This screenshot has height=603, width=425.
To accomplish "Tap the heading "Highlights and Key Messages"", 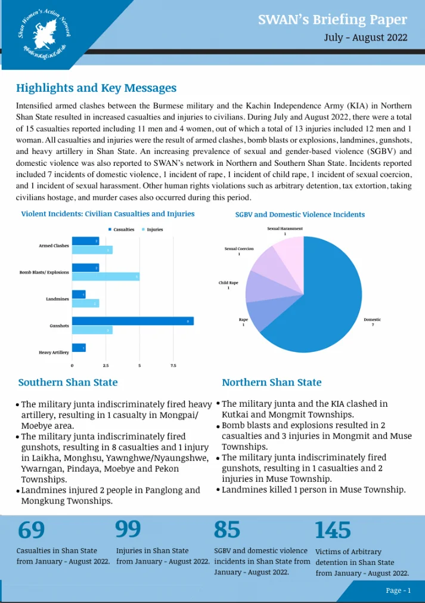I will [x=96, y=88].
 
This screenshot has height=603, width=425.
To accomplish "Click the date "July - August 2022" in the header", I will [x=365, y=37].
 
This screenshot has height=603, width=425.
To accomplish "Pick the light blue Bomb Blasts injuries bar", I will [x=106, y=276].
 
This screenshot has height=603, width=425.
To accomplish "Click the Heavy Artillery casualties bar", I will [x=79, y=348].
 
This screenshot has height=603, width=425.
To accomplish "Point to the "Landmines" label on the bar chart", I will [x=57, y=298].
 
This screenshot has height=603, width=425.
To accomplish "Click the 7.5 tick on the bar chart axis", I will [x=173, y=365].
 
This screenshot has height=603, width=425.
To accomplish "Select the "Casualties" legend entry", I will [x=121, y=229].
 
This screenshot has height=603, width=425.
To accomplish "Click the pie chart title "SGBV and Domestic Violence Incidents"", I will [x=300, y=215].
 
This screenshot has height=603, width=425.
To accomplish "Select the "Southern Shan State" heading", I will [x=68, y=382].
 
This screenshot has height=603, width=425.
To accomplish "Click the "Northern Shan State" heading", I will [x=271, y=382].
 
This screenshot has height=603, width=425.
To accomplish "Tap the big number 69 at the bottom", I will [x=32, y=530].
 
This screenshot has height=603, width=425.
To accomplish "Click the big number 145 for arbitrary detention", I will [x=333, y=530].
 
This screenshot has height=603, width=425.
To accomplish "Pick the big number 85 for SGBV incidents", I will [x=227, y=530].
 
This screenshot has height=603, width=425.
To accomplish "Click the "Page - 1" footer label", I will [x=398, y=590].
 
